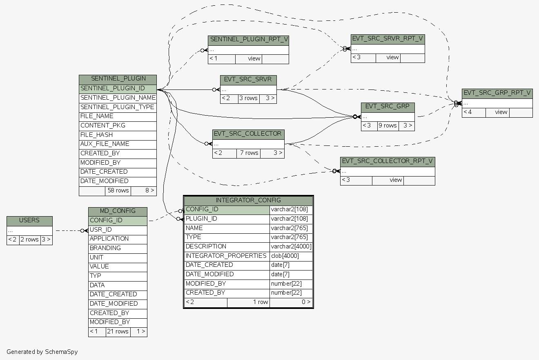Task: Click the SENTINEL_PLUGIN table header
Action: tap(118, 79)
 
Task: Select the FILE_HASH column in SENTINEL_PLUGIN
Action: tap(118, 135)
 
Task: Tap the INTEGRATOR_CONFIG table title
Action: tap(248, 200)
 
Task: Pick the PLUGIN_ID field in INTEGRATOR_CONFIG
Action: tap(227, 219)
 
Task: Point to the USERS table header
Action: tap(29, 221)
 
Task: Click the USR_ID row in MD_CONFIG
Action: tap(118, 230)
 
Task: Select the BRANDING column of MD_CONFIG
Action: tap(118, 248)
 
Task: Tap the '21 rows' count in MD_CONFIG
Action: tap(118, 331)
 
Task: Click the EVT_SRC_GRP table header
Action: tap(388, 107)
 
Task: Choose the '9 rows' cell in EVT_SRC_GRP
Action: tap(388, 125)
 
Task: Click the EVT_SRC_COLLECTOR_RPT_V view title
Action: tap(387, 161)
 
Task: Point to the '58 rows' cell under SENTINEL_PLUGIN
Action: tap(118, 190)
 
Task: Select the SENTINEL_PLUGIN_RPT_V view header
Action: tap(248, 40)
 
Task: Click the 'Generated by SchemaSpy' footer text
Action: tap(42, 352)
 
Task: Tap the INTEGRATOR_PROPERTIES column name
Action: tap(226, 256)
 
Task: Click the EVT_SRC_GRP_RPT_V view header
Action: tap(497, 93)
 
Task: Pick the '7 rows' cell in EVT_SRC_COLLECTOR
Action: tap(249, 153)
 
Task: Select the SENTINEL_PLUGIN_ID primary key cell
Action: tap(118, 88)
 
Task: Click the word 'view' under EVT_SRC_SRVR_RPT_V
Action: tap(392, 57)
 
